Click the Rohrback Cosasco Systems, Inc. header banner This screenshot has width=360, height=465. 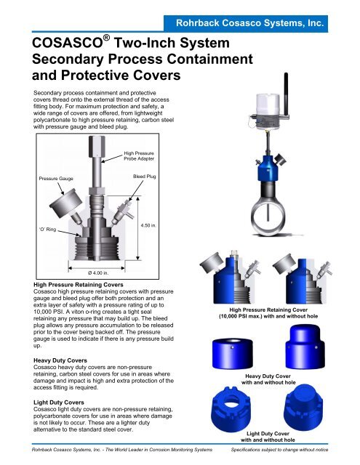point(246,23)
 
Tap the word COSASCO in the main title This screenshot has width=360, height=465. point(67,44)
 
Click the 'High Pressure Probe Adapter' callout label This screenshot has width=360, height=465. point(139,156)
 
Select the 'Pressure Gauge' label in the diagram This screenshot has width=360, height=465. point(56,179)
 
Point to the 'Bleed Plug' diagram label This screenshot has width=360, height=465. point(144,177)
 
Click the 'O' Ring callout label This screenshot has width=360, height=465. point(47,230)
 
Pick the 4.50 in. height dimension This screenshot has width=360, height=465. point(148,226)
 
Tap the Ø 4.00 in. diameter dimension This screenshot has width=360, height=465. point(98,273)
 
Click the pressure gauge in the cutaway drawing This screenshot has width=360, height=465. point(66,203)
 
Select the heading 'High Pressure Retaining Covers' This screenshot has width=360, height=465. point(79,285)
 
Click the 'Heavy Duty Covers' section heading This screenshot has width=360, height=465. point(60,360)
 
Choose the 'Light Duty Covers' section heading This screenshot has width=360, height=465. point(59,403)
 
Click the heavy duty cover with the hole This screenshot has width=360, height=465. point(233,354)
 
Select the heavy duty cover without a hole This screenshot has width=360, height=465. point(305,347)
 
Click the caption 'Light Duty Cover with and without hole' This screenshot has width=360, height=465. point(268,437)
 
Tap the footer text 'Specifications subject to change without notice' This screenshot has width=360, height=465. point(279,450)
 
